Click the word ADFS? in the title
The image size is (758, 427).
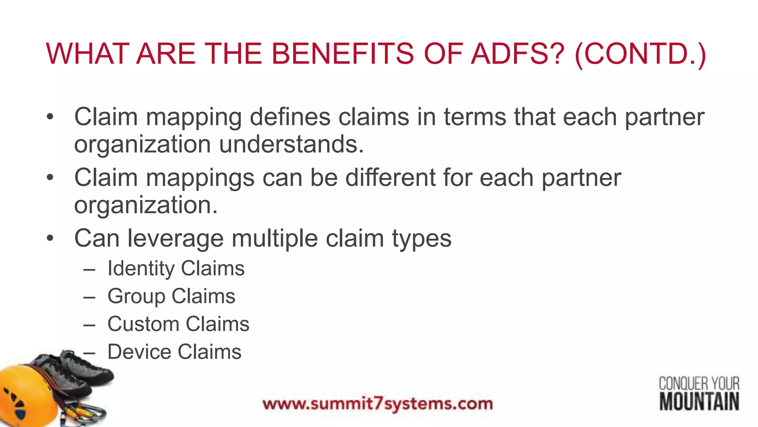pos(518,54)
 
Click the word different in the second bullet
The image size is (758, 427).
pos(390,178)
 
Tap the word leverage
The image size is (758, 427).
pos(175,239)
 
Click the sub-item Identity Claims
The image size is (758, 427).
pos(176,268)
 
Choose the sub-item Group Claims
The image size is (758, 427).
pos(171,296)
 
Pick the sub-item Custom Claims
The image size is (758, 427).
pos(178,324)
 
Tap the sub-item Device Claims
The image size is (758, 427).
pos(174,352)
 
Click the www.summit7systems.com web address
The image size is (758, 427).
pos(378,404)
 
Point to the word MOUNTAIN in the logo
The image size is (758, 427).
pos(699,402)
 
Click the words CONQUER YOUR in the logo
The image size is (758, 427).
pos(699,384)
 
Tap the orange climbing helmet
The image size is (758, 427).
pos(26,397)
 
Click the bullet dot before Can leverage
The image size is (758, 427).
pos(50,238)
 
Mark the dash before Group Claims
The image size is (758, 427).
pos(89,297)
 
